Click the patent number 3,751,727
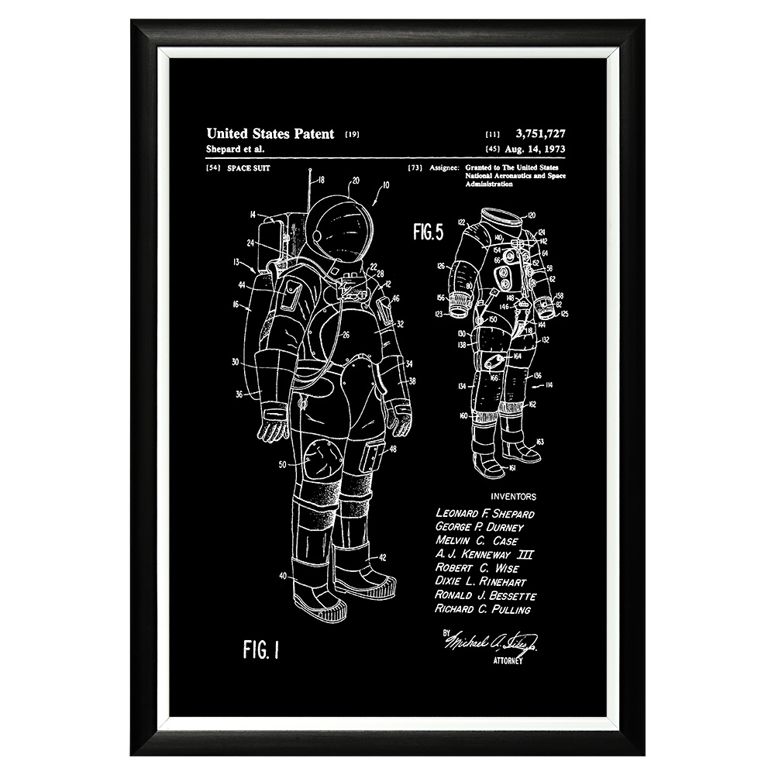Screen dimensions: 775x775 tap(539, 134)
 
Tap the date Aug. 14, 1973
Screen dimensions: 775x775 tap(536, 148)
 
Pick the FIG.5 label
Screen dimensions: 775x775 tap(428, 231)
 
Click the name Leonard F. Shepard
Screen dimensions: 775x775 tap(484, 513)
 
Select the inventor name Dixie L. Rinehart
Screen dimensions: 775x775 tap(480, 582)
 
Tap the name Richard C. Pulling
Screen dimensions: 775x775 tap(483, 609)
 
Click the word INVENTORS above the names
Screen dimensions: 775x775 tap(513, 497)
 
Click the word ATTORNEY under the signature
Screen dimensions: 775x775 tap(508, 661)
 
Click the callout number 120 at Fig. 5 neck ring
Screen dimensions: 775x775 tap(531, 215)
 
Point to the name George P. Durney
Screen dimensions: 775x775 tap(480, 527)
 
